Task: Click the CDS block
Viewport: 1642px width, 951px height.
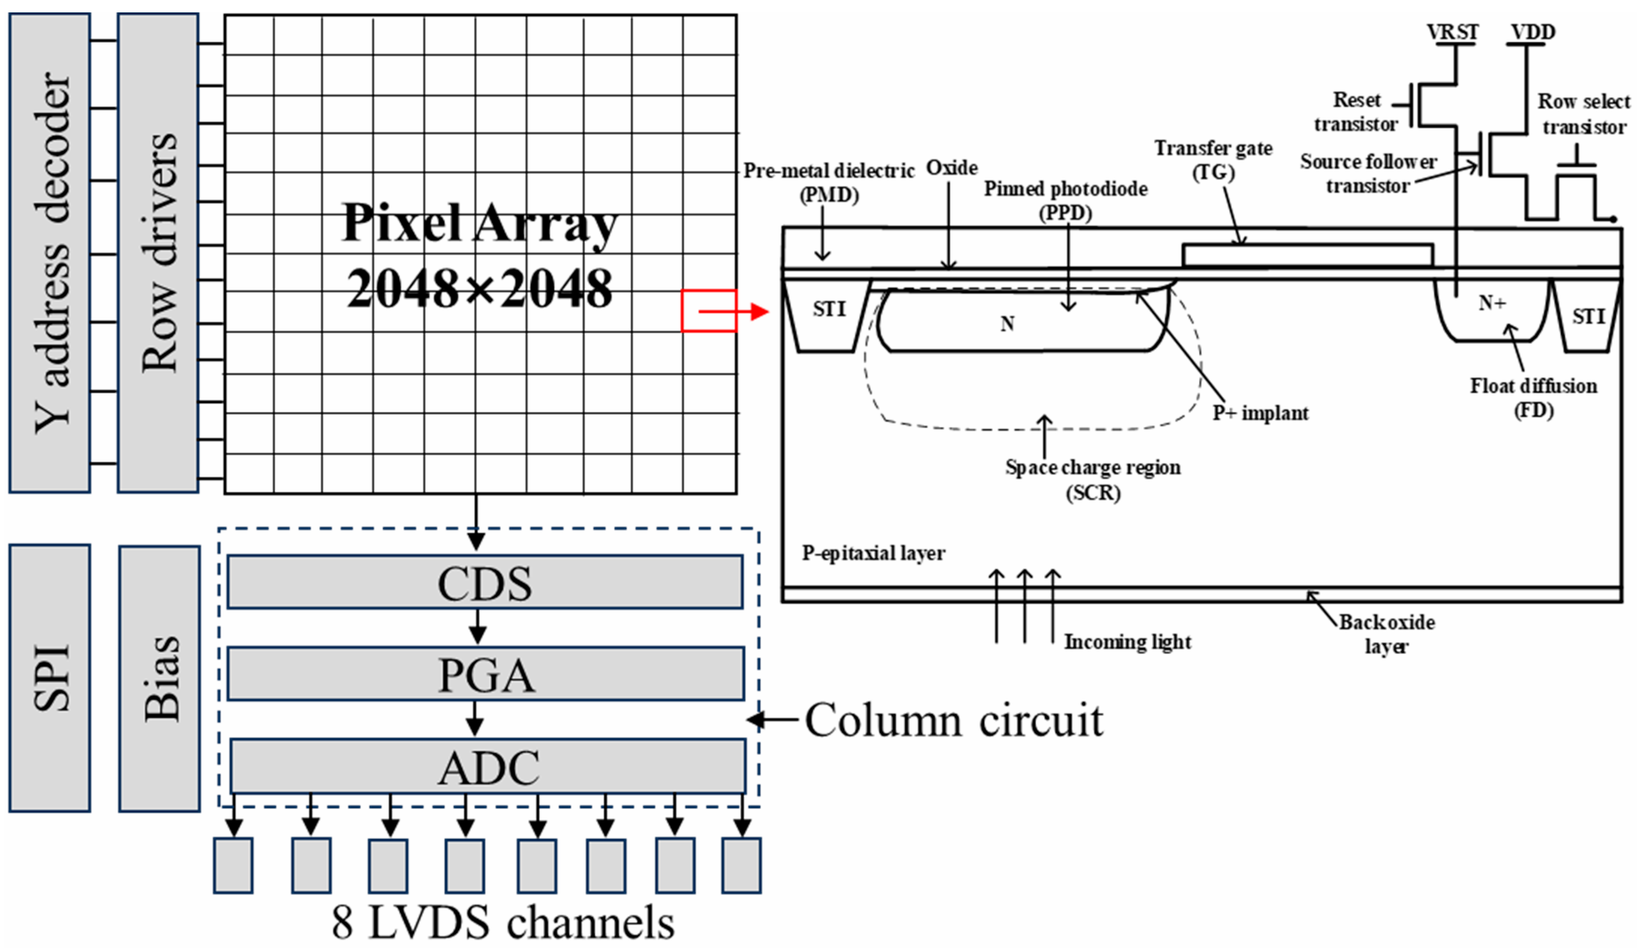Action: (485, 582)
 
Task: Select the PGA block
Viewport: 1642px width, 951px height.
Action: (485, 674)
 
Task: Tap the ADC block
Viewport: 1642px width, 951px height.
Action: (488, 766)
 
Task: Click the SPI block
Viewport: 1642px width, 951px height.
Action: (50, 678)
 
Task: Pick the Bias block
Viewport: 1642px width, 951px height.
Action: (160, 678)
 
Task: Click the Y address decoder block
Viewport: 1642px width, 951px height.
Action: (50, 253)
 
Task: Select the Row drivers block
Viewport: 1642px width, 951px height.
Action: (158, 253)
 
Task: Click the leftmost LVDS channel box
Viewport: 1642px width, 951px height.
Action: (233, 866)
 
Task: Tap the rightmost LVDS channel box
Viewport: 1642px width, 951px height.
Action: (742, 866)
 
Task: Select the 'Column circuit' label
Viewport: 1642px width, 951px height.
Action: (954, 720)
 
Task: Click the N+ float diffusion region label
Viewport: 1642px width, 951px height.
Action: (1492, 303)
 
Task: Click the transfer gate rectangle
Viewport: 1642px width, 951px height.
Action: (1307, 255)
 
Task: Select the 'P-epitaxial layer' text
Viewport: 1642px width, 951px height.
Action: (873, 554)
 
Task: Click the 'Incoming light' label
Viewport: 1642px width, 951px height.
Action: (1127, 642)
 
